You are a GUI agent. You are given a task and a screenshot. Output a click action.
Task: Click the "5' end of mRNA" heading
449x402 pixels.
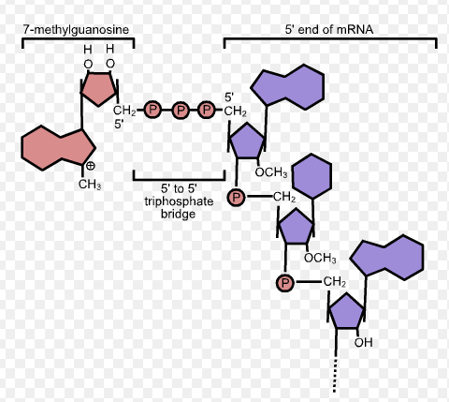point(328,30)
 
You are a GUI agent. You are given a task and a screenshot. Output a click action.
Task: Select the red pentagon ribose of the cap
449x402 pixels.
point(100,90)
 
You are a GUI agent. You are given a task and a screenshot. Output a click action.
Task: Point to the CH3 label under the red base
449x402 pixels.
point(90,185)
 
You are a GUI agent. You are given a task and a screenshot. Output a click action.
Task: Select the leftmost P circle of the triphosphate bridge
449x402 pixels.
point(153,111)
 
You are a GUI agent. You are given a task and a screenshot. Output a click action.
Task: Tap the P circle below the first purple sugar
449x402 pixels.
point(237,198)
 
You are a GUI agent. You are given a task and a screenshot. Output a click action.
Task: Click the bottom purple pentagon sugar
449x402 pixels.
point(345,311)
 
